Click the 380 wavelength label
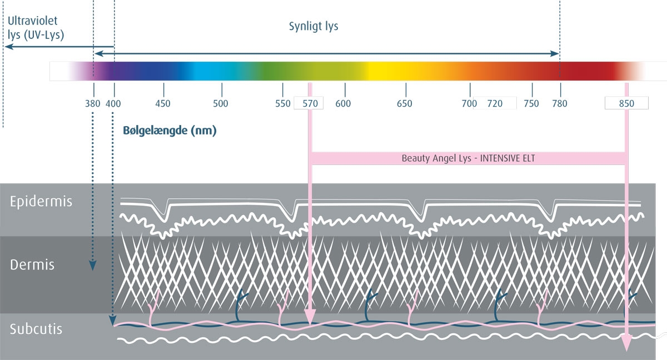93,103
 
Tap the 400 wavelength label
113,103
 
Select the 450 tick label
163,103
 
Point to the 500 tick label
221,103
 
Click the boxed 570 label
310,103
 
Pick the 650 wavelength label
405,103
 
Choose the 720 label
495,103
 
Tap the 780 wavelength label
560,103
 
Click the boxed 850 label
626,103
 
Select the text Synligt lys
313,27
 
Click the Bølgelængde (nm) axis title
170,131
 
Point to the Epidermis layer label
41,202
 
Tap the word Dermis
32,264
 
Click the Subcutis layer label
36,329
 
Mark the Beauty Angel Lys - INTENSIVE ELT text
469,158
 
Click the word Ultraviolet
32,21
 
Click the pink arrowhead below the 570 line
310,317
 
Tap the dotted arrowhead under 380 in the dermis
93,266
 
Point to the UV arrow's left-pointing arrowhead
9,47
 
